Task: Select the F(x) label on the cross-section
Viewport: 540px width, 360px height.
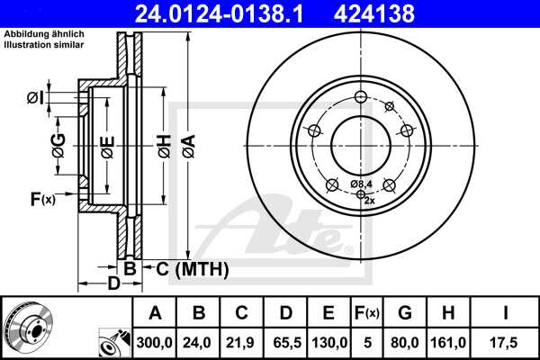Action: [42, 199]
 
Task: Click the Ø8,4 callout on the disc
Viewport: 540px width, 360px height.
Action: [361, 184]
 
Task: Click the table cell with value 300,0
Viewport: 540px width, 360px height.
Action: [155, 342]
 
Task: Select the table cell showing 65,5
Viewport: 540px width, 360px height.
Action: [284, 342]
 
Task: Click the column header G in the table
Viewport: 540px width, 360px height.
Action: [404, 314]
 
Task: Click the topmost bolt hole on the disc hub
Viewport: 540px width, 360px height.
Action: [360, 98]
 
